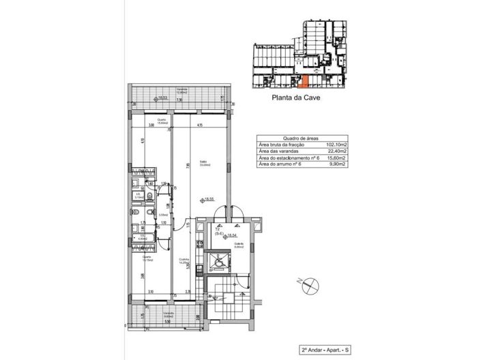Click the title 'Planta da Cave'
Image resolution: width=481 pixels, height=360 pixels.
[x=296, y=97]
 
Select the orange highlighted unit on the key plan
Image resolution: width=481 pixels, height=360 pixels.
[x=305, y=83]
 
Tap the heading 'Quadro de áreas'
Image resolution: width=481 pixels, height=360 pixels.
[x=301, y=138]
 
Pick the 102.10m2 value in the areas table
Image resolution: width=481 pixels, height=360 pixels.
[x=337, y=145]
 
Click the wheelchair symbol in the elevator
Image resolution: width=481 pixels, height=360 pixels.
[x=220, y=260]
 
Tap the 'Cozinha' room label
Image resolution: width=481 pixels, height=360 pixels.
[x=184, y=259]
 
